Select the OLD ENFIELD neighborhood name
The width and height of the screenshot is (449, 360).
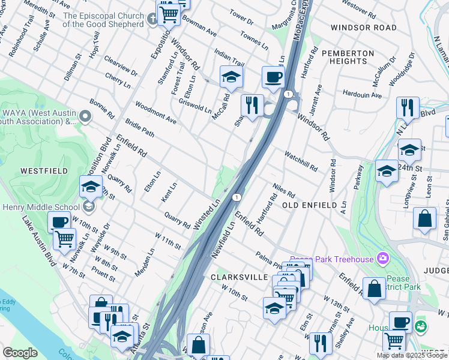(x=310, y=205)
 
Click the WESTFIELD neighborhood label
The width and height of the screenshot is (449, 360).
(x=43, y=170)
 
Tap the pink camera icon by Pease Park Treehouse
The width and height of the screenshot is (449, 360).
(x=382, y=259)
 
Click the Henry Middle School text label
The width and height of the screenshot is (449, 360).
(x=42, y=208)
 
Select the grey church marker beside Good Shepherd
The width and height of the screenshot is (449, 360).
(x=153, y=19)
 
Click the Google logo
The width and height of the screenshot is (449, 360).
(x=20, y=352)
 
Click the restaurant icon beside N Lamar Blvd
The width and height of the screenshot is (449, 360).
(x=408, y=108)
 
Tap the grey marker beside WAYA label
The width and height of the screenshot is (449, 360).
(x=85, y=116)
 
